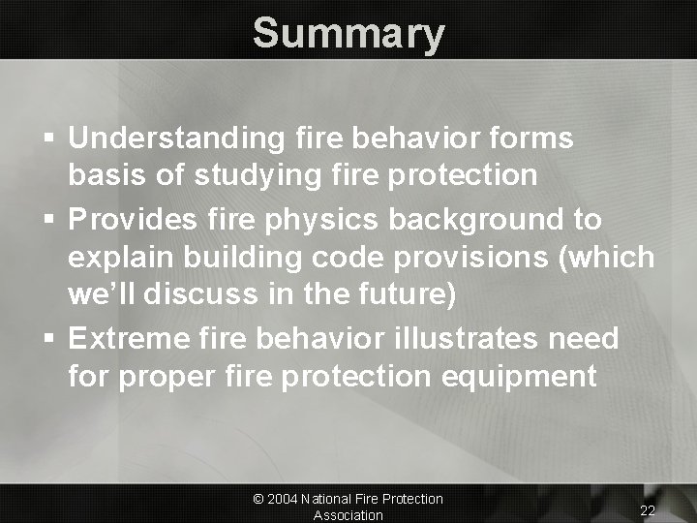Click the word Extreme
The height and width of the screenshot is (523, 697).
[124, 338]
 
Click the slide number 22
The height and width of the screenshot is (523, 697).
[649, 509]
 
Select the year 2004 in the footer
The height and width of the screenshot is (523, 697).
[284, 499]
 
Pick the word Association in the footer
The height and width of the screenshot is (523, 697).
[348, 515]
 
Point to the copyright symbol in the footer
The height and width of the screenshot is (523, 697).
[258, 499]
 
